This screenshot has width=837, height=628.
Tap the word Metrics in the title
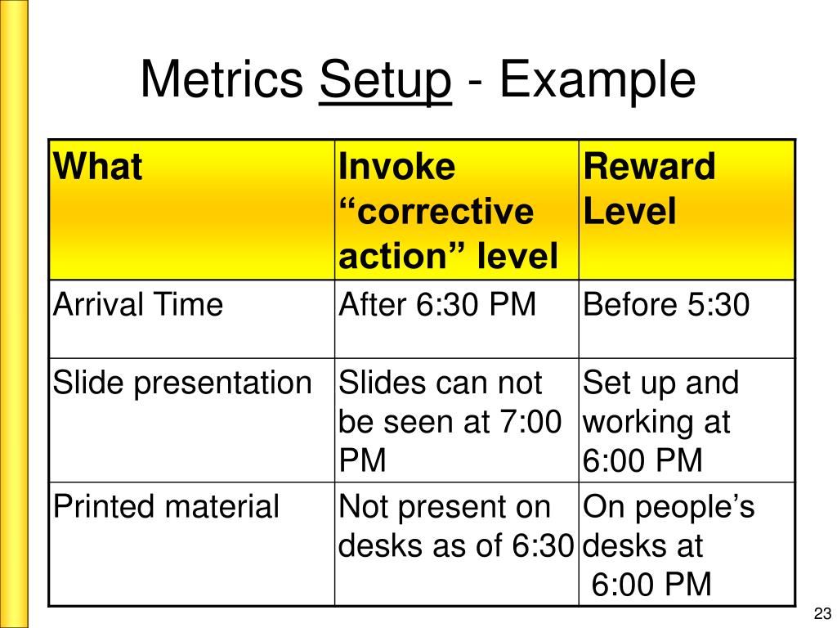pos(221,80)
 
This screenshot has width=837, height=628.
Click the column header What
pos(98,168)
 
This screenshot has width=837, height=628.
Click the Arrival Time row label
pos(138,305)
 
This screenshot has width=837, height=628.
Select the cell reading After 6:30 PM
pos(437,305)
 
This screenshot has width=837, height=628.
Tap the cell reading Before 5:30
pos(666,305)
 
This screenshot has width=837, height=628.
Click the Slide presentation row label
pos(182,383)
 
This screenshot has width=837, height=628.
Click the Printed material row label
pos(167,506)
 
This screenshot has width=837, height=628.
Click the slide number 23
pos(821,614)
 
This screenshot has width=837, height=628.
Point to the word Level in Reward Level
pos(629,213)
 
